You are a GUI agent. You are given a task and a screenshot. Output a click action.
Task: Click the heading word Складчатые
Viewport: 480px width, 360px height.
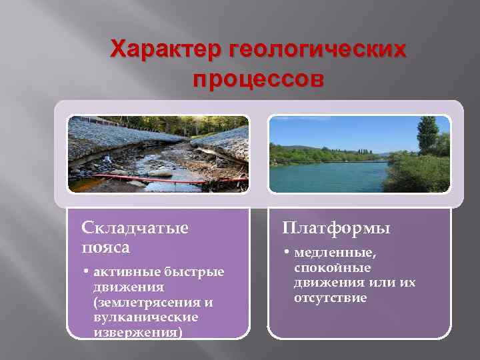(x=135, y=228)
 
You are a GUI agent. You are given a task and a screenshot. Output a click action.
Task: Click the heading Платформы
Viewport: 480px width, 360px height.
(x=336, y=228)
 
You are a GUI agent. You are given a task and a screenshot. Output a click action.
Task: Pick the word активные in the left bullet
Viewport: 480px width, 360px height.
(x=124, y=271)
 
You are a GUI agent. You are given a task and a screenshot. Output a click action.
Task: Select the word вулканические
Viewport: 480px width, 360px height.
(x=146, y=317)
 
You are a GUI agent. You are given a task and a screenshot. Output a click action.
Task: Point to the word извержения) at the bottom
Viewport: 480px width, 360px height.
(x=137, y=332)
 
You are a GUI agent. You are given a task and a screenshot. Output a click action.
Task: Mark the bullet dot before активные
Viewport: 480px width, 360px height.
(x=87, y=272)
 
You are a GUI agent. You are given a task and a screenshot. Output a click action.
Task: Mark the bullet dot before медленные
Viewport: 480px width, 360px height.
(x=286, y=254)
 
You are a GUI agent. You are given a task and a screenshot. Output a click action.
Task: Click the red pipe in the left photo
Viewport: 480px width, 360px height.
(x=167, y=178)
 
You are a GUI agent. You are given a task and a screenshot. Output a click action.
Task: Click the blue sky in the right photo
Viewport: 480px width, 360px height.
(x=333, y=130)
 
